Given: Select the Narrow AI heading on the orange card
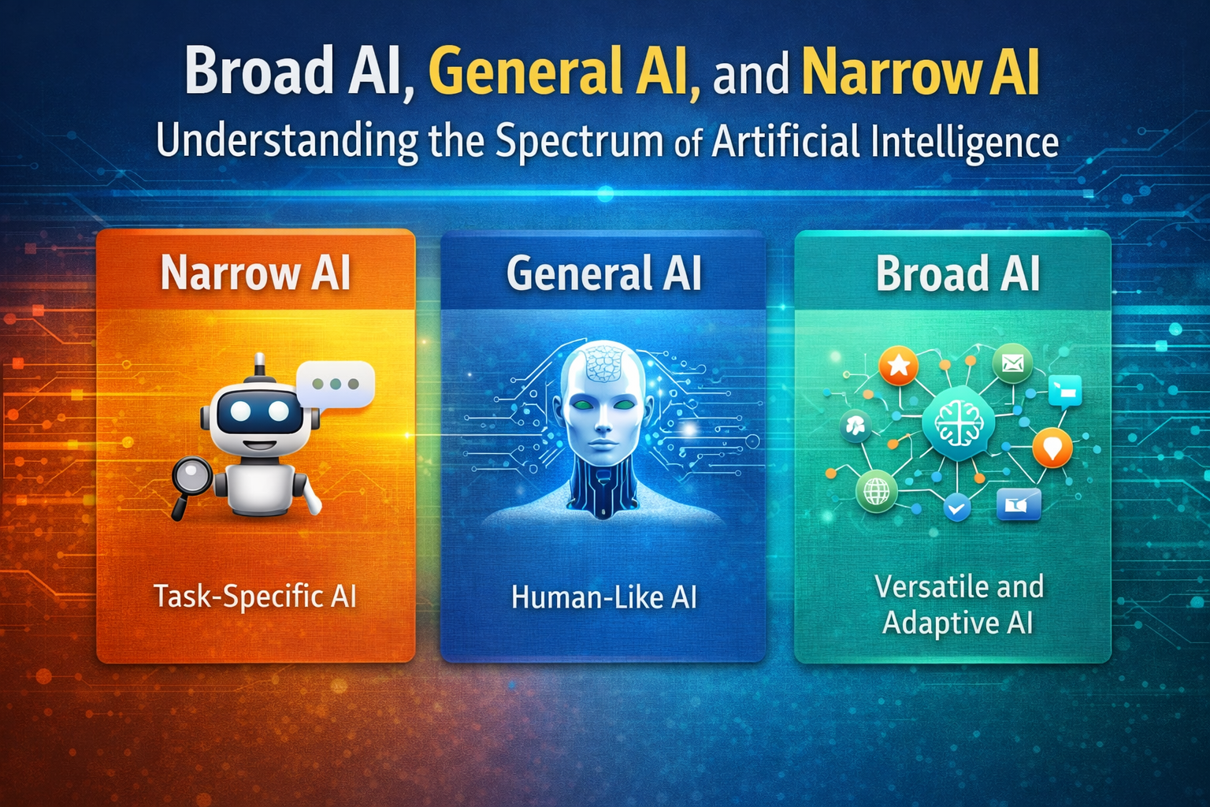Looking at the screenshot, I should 255,273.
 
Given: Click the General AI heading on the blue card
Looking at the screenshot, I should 603,273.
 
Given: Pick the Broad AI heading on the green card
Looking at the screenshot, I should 958,273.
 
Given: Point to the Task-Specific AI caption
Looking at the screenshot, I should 255,597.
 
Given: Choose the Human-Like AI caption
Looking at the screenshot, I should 603,598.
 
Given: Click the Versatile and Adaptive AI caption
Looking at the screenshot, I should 958,605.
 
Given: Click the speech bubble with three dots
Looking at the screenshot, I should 336,385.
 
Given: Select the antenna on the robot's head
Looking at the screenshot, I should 259,368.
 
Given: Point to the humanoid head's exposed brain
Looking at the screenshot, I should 603,363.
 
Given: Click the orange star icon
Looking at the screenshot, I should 899,366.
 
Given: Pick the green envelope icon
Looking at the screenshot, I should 1012,363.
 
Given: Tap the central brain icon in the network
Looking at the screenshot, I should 958,424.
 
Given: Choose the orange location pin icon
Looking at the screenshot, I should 1052,448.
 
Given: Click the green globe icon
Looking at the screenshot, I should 876,492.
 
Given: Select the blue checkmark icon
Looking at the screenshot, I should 957,508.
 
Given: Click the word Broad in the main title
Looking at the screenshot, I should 259,73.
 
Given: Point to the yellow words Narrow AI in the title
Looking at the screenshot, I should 920,73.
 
